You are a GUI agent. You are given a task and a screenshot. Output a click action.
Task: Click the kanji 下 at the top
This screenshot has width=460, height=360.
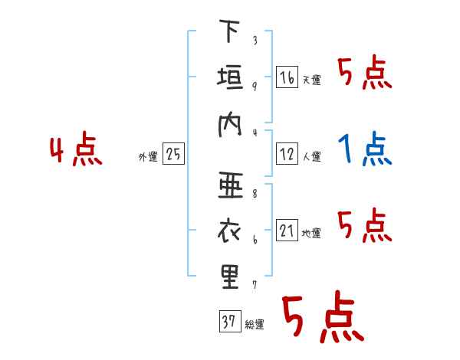(229, 31)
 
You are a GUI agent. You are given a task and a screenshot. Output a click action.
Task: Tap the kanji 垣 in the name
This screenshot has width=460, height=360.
(230, 77)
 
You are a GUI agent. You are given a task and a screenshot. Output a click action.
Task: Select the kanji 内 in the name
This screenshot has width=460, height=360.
(230, 126)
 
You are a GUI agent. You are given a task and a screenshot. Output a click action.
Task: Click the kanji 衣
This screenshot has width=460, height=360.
(229, 231)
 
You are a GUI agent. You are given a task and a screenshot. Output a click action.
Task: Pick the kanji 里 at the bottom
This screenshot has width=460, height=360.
(230, 277)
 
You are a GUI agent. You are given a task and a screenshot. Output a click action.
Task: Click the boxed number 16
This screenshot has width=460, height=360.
(287, 77)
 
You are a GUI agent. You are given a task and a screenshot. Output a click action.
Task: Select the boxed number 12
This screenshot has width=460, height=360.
(287, 154)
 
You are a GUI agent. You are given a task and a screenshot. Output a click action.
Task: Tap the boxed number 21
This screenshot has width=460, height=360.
(287, 230)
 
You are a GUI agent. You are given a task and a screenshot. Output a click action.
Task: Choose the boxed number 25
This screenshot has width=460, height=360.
(173, 154)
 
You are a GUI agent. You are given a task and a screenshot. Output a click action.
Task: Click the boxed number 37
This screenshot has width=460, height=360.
(230, 321)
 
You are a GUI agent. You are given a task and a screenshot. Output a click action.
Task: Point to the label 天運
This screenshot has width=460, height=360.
(312, 80)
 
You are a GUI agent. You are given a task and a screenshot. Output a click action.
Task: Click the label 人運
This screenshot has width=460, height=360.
(312, 156)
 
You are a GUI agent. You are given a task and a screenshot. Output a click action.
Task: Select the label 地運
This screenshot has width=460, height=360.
(311, 234)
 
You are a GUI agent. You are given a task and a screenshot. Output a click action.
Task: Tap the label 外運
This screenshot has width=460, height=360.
(148, 157)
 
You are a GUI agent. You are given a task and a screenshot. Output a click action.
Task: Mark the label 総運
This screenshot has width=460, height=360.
(255, 325)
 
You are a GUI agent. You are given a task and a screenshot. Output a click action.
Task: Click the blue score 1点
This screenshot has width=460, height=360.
(365, 149)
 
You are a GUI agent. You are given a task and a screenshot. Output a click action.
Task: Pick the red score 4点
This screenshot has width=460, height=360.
(76, 149)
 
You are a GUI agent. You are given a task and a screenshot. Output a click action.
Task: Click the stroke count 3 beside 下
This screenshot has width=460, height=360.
(255, 40)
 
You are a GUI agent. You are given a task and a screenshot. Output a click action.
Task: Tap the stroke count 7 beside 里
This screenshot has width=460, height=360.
(255, 285)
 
